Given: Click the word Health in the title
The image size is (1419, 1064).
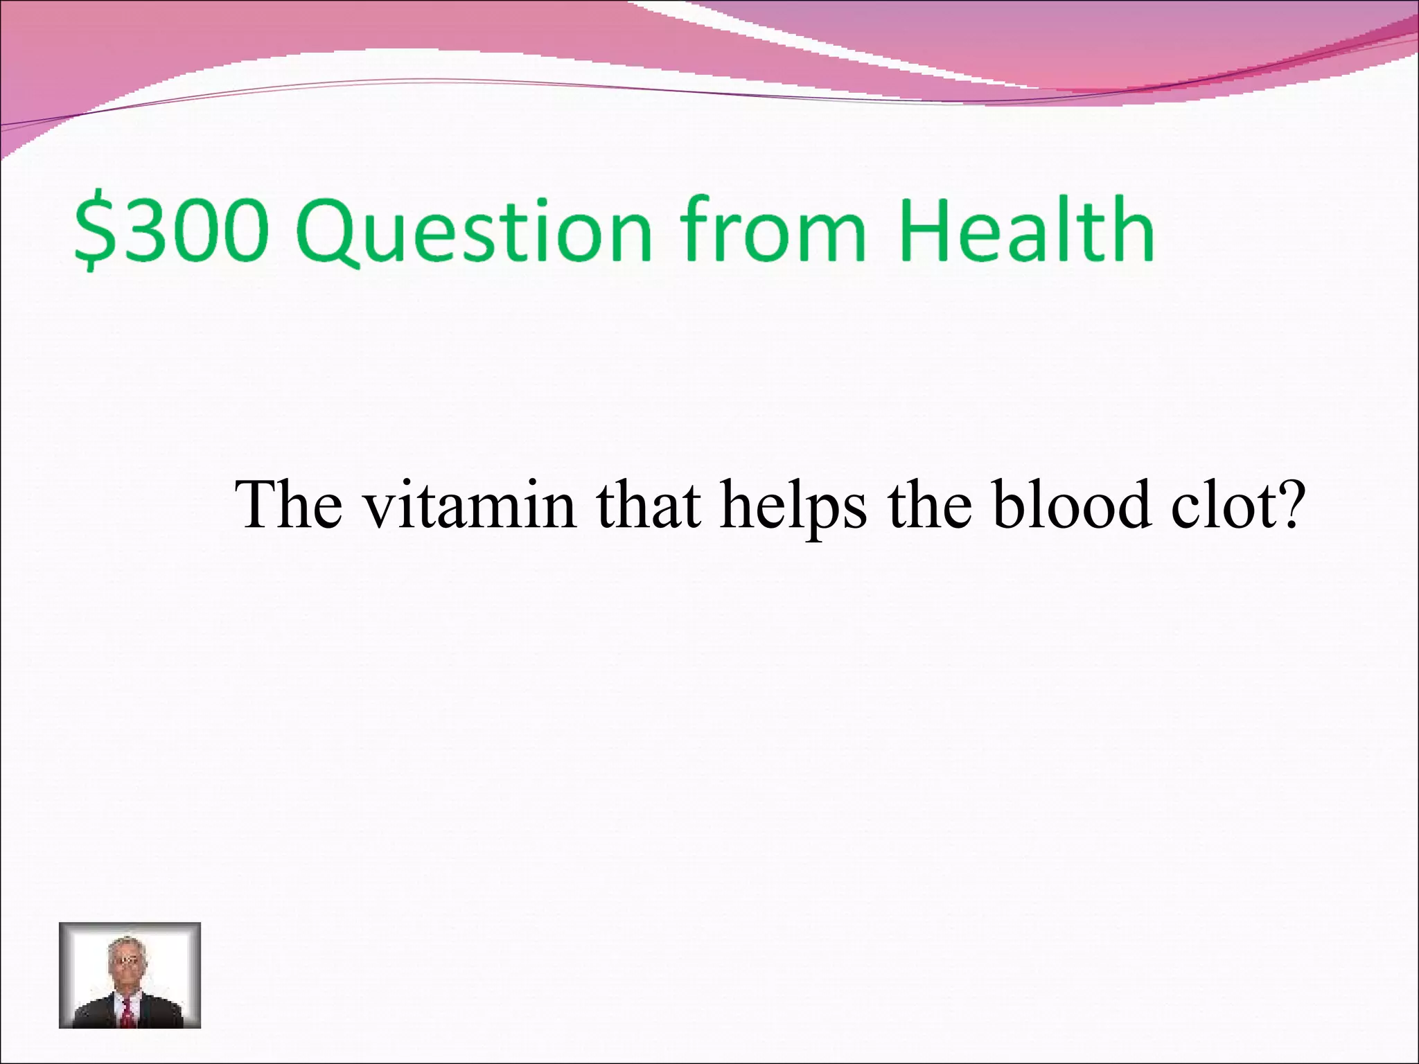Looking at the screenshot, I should [x=1026, y=229].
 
